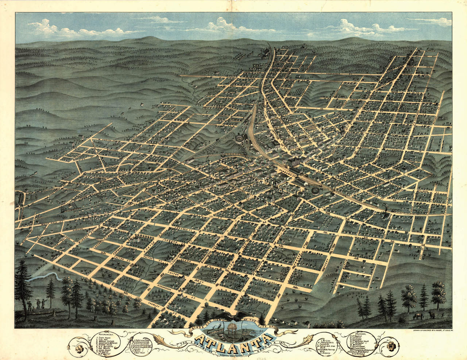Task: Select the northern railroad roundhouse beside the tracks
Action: click(x=240, y=140)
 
